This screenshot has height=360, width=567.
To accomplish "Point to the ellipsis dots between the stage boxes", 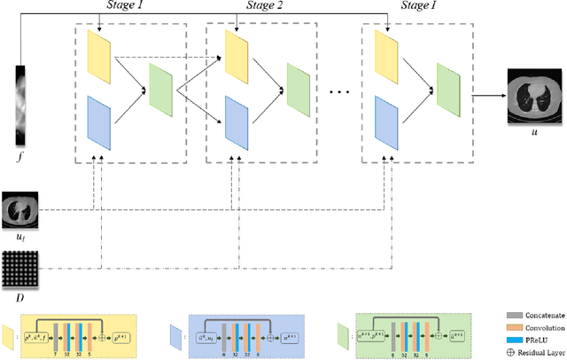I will (338, 91).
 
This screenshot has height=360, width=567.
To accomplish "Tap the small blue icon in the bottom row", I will (175, 333).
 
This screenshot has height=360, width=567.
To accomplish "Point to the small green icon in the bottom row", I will (343, 333).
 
